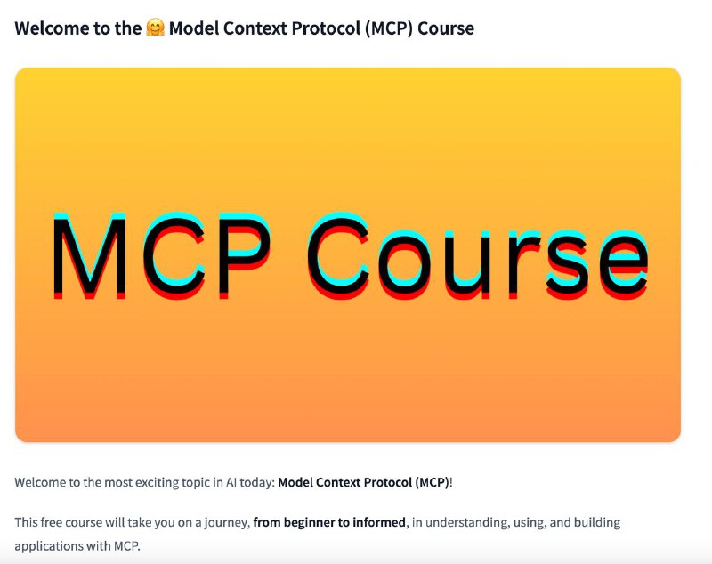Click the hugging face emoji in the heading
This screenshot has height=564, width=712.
coord(155,28)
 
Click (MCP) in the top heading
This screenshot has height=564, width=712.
coord(389,28)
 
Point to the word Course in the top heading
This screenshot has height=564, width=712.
coord(446,28)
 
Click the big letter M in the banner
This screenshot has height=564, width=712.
coord(90,256)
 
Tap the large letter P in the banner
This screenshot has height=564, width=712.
coord(244,256)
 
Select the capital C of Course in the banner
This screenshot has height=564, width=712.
coord(338,256)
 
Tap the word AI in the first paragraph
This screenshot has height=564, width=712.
coord(231,482)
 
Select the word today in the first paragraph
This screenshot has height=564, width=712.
coord(257,482)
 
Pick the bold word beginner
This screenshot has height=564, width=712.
coord(306,523)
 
